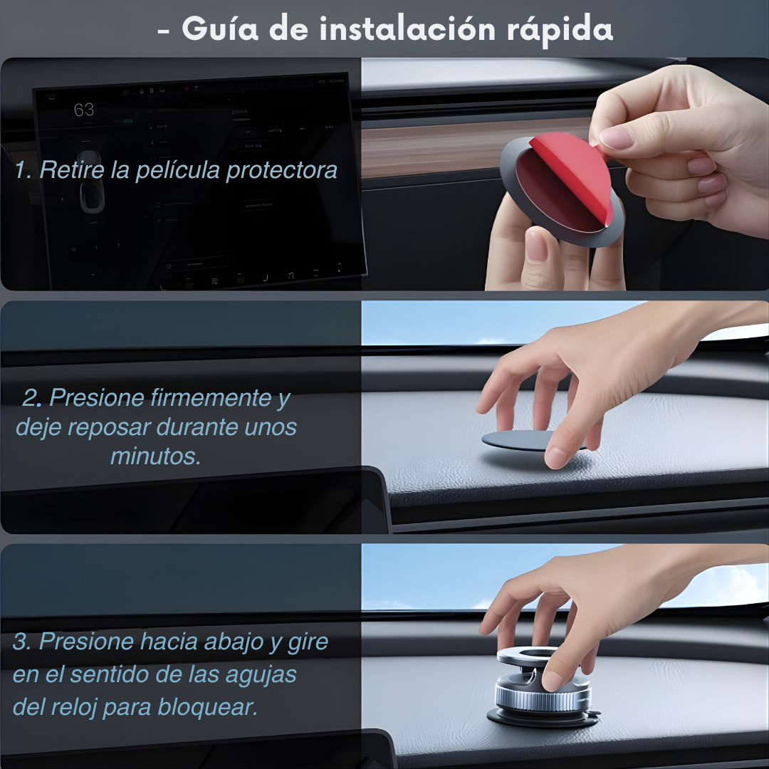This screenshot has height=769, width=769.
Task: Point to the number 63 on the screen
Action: pyautogui.click(x=83, y=110)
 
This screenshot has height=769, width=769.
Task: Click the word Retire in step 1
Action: pyautogui.click(x=72, y=170)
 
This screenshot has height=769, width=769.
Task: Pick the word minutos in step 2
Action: pyautogui.click(x=155, y=456)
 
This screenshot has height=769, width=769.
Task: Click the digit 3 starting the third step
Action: pyautogui.click(x=21, y=642)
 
